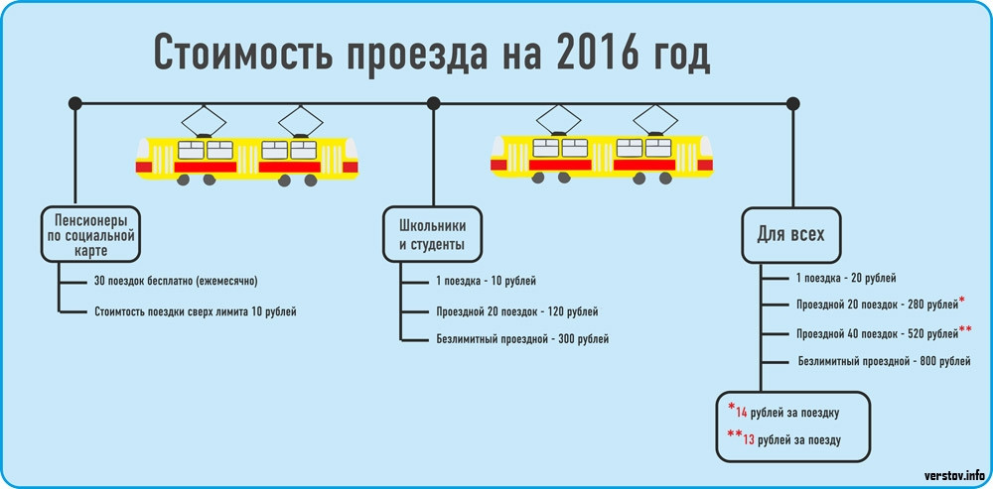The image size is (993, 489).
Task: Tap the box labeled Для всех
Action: point(791,236)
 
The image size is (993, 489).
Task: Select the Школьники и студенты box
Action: point(432,234)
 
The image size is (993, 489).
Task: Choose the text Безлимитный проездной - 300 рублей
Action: point(522,339)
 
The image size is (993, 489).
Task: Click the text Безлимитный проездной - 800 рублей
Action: point(884,361)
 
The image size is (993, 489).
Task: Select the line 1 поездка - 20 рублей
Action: point(846,279)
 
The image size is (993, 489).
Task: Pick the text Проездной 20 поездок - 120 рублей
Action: point(517,311)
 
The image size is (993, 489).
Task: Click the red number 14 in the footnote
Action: point(742,413)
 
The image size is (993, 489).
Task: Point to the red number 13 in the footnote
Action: point(749,439)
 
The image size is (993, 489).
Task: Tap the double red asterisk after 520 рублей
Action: point(965,329)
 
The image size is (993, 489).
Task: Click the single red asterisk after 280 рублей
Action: point(962,300)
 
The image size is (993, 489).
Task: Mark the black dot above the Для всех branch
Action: point(792,103)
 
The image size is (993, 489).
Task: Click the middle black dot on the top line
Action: point(433,103)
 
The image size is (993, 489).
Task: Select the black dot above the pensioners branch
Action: point(74,103)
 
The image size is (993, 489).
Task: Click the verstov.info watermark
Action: point(953,474)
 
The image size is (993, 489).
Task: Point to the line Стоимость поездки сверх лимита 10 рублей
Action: point(196,311)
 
